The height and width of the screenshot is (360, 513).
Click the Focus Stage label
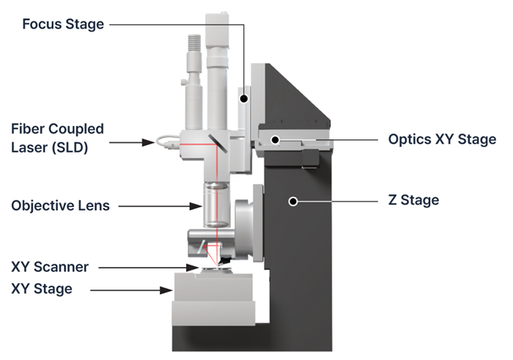coord(63,24)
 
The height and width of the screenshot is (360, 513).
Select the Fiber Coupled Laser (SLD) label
coord(57,137)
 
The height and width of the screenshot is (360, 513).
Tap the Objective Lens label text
coord(60,206)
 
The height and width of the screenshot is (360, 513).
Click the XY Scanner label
coord(50,268)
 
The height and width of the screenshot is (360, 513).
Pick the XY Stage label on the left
coord(42,289)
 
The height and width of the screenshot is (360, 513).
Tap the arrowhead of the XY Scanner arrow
coord(195,268)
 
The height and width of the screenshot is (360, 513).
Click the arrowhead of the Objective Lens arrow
coord(197,206)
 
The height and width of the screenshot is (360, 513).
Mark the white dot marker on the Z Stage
coord(293,200)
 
